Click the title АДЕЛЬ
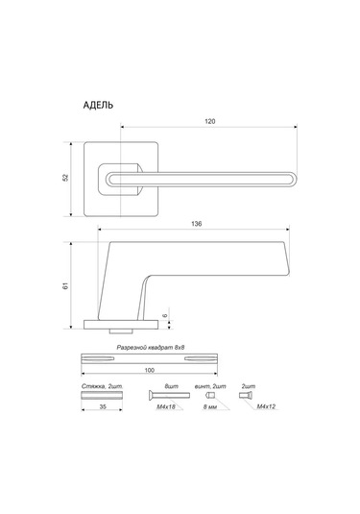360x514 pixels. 98,105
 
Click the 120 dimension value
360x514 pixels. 210,121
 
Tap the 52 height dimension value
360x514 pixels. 66,178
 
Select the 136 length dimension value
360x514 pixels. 196,224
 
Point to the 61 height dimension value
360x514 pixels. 66,285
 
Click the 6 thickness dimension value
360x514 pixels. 165,315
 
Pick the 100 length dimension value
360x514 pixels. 149,371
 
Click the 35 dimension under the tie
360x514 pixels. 103,406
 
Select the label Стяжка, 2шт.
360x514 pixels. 102,387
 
